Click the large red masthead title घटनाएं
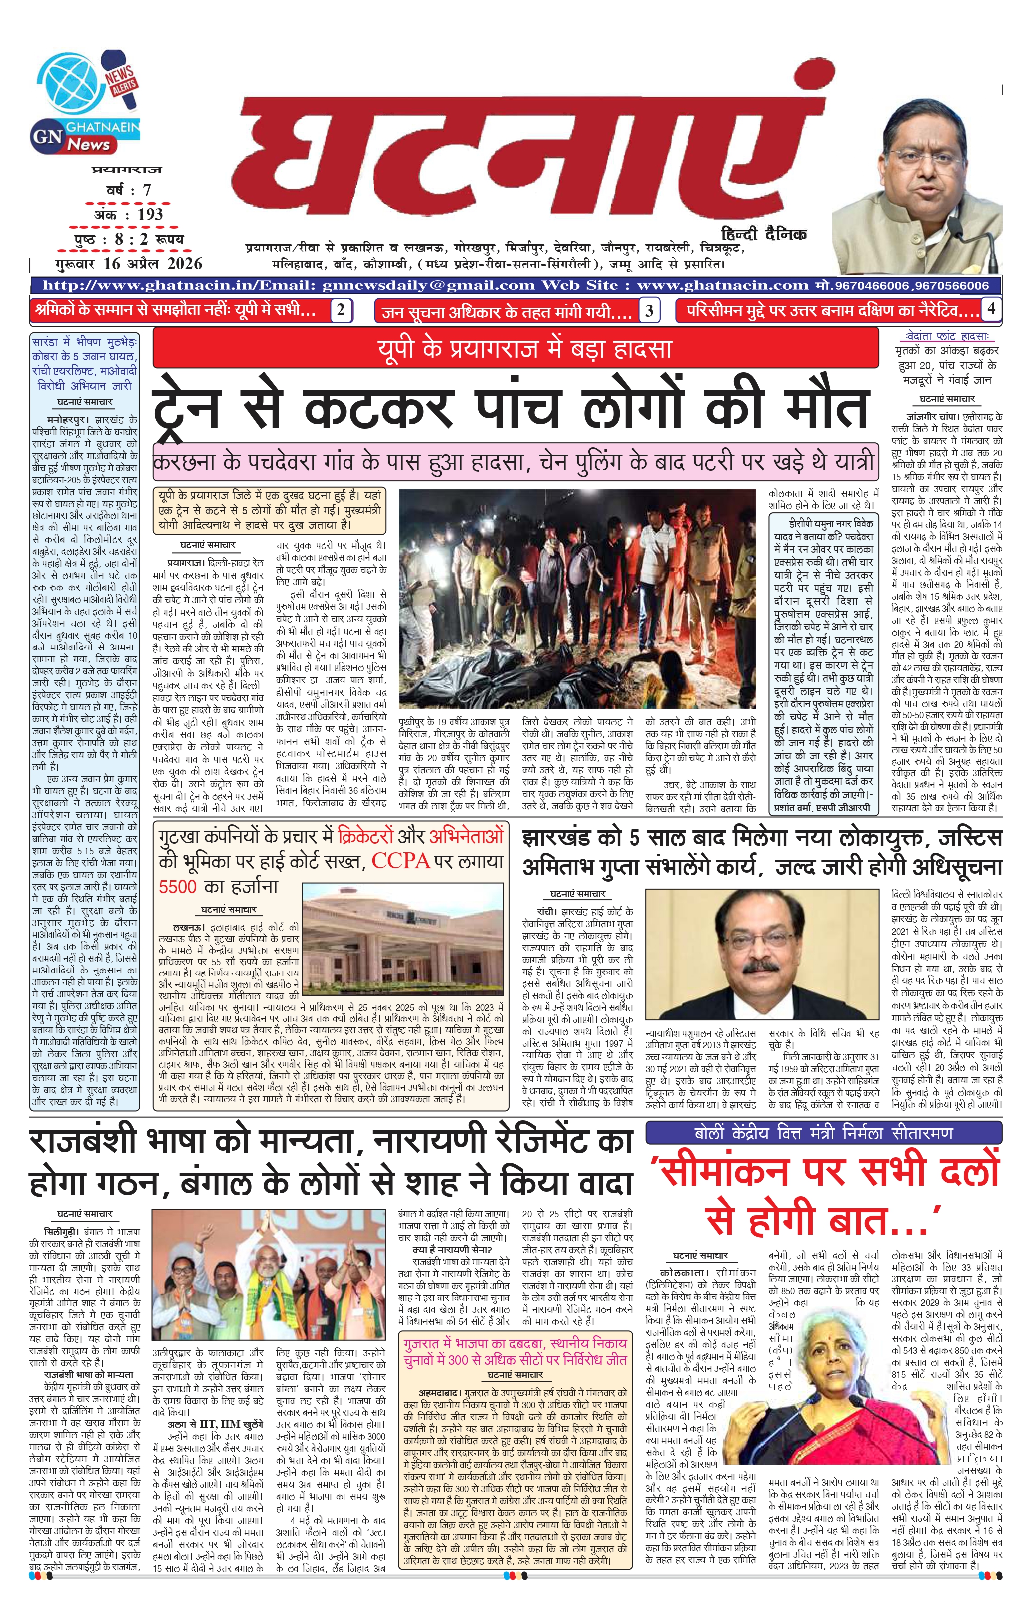[x=519, y=162]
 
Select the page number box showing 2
[x=341, y=310]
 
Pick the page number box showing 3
[x=649, y=311]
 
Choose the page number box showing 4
[x=990, y=309]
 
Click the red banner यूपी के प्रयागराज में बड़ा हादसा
[x=515, y=349]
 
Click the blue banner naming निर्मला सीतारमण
[x=823, y=1133]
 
